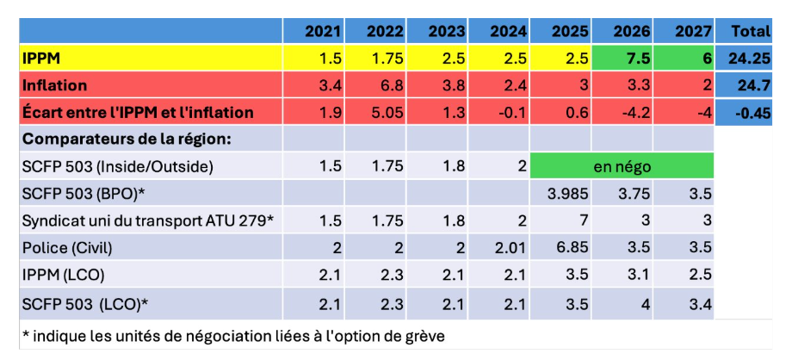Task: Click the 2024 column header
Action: [509, 32]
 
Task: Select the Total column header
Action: [750, 32]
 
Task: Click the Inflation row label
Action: [55, 85]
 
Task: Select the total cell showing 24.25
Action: [747, 59]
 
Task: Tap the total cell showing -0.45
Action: [751, 112]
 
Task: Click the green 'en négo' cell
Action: [621, 165]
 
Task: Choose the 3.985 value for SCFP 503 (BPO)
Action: [567, 193]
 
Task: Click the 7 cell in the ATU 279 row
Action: [582, 220]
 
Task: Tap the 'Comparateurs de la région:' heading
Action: [129, 139]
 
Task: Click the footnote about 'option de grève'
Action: [232, 334]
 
